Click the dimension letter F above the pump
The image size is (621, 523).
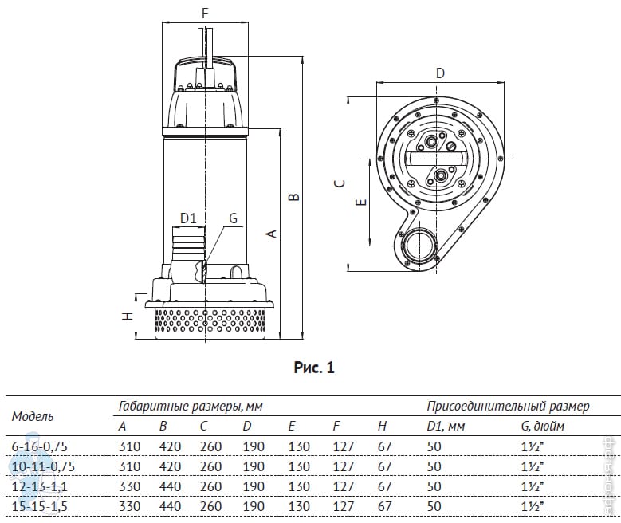205,13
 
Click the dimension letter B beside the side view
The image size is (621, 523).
293,195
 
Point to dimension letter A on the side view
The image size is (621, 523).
271,234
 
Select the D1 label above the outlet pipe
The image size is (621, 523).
187,218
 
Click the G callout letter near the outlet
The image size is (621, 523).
233,218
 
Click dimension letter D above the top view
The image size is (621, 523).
440,73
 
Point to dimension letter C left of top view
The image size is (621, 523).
340,183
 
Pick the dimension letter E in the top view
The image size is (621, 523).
361,203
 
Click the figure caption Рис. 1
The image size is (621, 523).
314,368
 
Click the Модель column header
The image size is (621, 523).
33,416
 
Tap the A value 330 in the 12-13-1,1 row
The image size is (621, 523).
128,486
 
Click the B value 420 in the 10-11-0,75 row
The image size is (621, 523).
170,466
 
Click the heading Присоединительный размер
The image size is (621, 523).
508,407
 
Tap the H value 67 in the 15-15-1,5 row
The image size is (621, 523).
384,506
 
